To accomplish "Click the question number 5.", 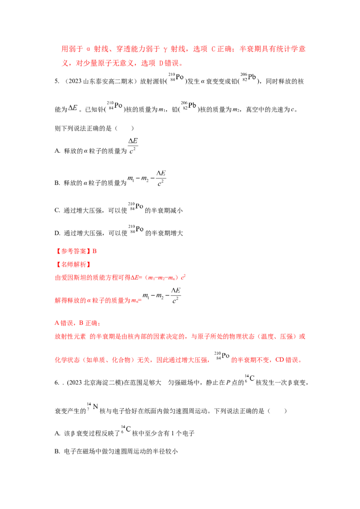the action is [57, 81].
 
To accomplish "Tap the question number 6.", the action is [57, 383].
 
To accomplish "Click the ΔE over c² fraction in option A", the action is [133, 146].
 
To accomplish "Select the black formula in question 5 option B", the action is [147, 179].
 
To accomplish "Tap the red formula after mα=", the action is [162, 296].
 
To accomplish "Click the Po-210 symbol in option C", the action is [135, 207].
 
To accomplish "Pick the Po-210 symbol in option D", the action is [136, 229].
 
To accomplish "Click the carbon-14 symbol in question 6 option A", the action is [126, 429].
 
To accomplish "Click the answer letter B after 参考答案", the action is [94, 251].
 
